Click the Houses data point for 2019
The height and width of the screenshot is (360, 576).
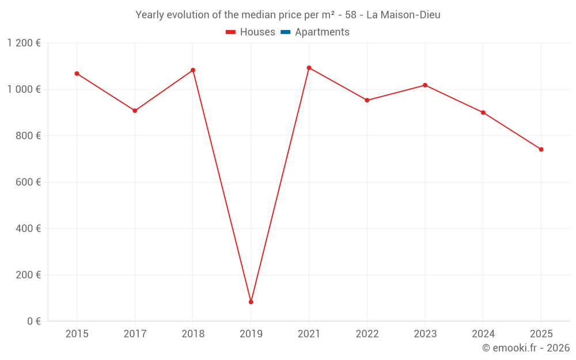coord(251,302)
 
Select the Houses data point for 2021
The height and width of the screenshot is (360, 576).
coord(309,68)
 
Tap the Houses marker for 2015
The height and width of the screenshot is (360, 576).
coord(77,74)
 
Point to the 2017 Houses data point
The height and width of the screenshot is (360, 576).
coord(135,111)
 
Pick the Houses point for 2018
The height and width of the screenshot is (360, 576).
coord(193,70)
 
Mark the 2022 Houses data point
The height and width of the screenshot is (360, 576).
coord(367,100)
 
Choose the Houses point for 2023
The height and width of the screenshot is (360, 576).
coord(425,85)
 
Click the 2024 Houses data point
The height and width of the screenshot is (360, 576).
coord(483,112)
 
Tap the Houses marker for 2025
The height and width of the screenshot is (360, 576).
coord(541,149)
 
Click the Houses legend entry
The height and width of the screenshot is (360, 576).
coord(251,32)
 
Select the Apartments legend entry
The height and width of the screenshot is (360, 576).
coord(315,32)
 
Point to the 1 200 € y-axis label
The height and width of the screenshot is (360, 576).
coord(24,43)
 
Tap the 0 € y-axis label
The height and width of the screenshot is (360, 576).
coord(34,321)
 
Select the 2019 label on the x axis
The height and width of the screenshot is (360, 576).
coord(251,334)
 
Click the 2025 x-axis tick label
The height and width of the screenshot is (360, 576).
coord(541,334)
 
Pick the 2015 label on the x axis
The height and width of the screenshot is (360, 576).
coord(77,334)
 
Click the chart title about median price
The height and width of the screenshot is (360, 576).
coord(288,15)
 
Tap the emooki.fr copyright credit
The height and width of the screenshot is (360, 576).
coord(526,348)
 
